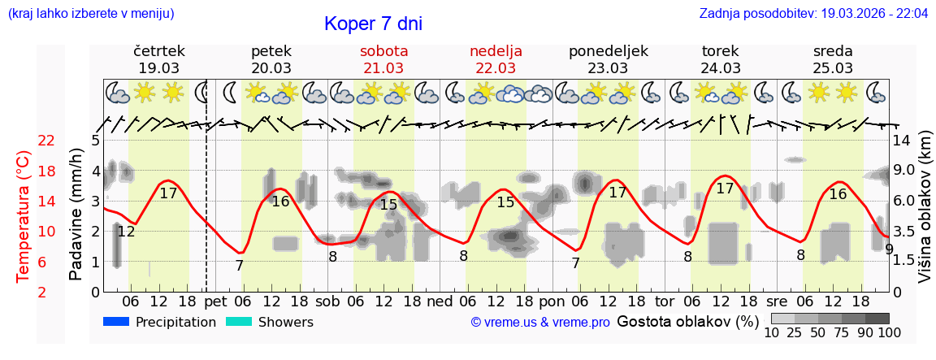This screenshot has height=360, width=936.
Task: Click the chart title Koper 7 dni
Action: [373, 24]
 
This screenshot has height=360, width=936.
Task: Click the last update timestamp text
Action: [813, 14]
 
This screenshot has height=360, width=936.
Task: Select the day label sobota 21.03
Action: [383, 59]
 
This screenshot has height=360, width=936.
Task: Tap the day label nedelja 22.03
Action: [496, 59]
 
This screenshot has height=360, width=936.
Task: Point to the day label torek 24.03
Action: [721, 59]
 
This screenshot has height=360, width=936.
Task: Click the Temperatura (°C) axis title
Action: [24, 217]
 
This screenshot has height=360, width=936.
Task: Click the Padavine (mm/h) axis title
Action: [76, 215]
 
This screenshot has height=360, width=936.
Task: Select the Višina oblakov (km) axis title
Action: [925, 215]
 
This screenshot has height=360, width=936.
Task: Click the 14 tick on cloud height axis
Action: [902, 141]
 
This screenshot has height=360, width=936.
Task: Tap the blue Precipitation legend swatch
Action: [117, 322]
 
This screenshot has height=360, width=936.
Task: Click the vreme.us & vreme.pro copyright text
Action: [540, 323]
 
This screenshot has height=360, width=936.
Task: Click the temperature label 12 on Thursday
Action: [126, 232]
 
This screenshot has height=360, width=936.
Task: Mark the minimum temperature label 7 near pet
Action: [239, 266]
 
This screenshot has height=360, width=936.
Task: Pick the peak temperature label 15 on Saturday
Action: [388, 205]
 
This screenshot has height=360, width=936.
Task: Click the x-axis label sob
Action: [328, 301]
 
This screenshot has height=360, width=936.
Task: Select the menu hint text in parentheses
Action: [90, 14]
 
